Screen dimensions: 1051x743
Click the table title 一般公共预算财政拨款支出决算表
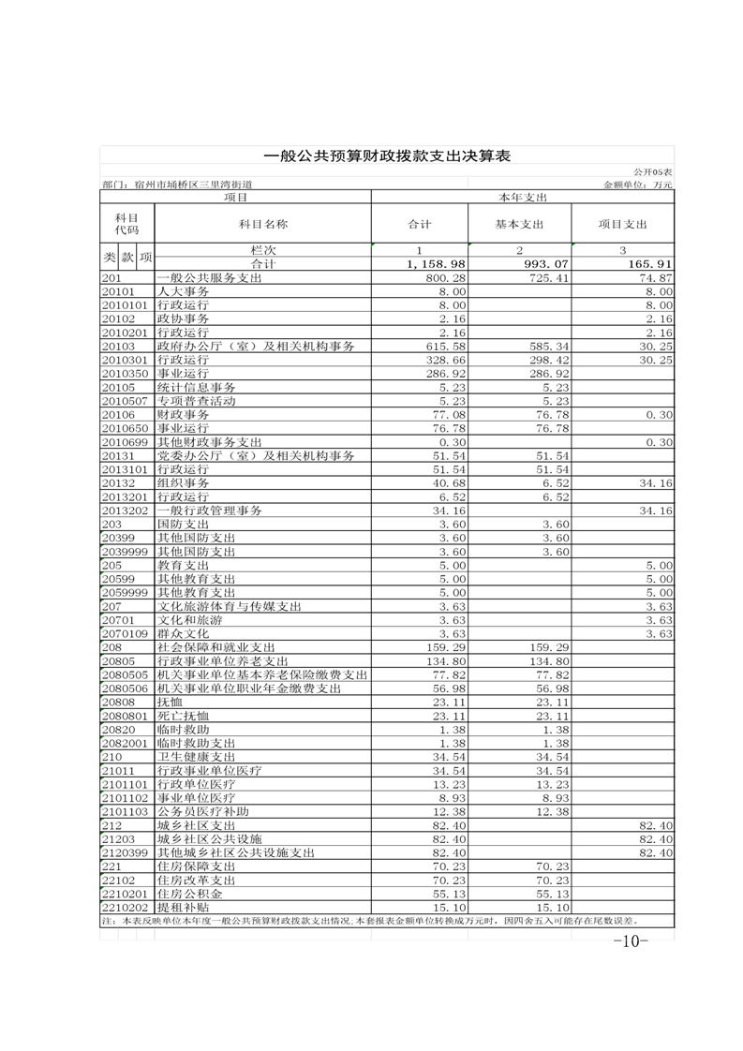[386, 156]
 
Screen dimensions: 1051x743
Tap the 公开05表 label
[652, 173]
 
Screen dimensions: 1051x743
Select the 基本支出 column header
[519, 225]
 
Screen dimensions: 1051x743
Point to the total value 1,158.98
[436, 265]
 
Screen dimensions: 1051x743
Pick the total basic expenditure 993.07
[543, 265]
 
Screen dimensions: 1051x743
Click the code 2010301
[125, 360]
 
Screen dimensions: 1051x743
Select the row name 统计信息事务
[197, 387]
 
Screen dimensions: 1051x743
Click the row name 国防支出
[184, 525]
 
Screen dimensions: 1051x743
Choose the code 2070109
[125, 633]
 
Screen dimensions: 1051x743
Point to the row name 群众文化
[184, 633]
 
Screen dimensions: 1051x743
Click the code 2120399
[125, 852]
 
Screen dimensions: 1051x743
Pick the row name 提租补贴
[184, 908]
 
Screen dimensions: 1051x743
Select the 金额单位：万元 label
[639, 185]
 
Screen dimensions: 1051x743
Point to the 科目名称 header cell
[262, 225]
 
